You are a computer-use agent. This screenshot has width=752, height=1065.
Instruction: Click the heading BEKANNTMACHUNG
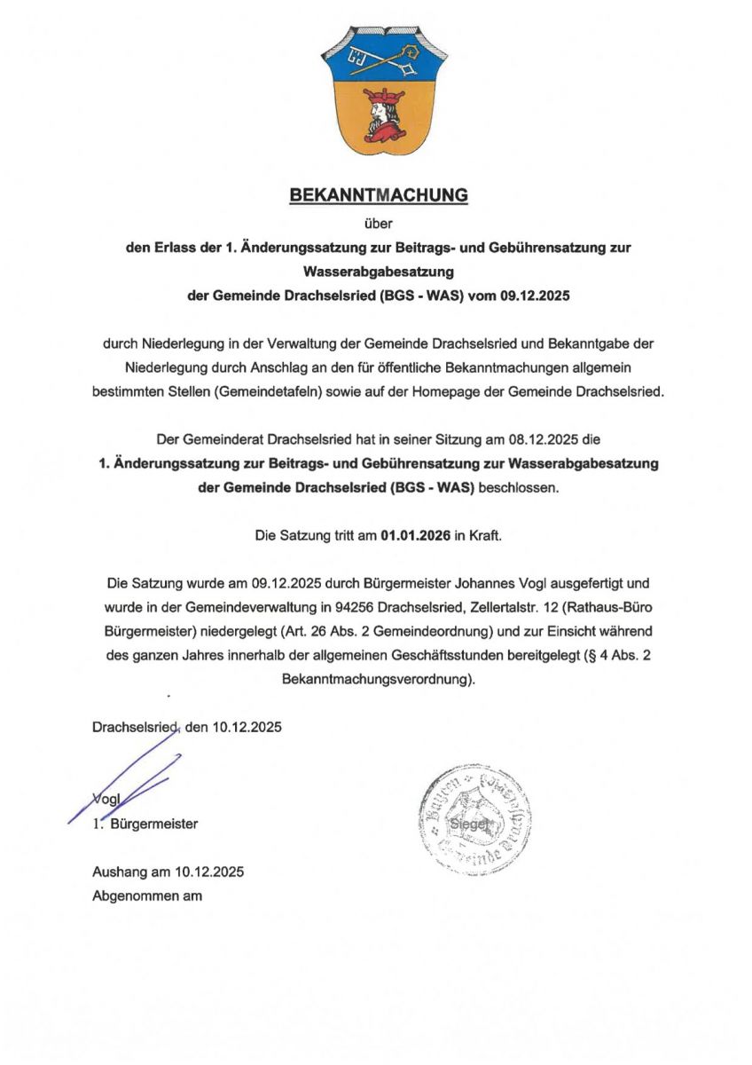(379, 195)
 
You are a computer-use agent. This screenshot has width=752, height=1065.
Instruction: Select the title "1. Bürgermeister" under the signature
(145, 824)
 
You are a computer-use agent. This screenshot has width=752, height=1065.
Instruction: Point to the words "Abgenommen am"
(147, 895)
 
